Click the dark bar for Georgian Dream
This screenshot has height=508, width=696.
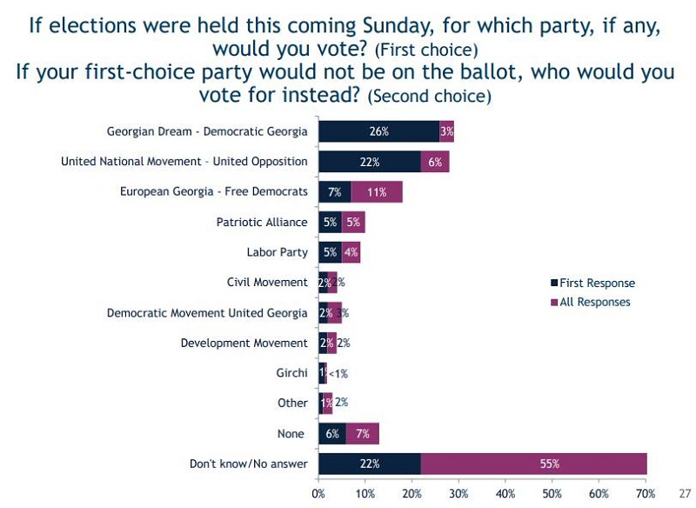pos(378,131)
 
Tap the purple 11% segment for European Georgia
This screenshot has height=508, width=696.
pos(377,191)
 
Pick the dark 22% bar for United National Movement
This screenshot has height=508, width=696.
pos(369,162)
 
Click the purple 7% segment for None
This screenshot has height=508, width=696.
pos(363,433)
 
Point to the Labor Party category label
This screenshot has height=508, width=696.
pos(277,252)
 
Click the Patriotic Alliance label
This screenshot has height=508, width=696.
pos(262,222)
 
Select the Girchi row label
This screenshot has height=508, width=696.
pos(291,372)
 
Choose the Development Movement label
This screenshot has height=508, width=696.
pos(244,343)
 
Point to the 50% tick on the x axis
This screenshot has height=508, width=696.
pos(552,493)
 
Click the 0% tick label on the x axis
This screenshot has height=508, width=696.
pos(318,493)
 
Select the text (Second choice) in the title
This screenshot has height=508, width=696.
pos(430,96)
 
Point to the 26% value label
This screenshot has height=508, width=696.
pos(378,131)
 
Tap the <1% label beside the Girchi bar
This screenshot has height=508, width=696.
pos(338,373)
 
